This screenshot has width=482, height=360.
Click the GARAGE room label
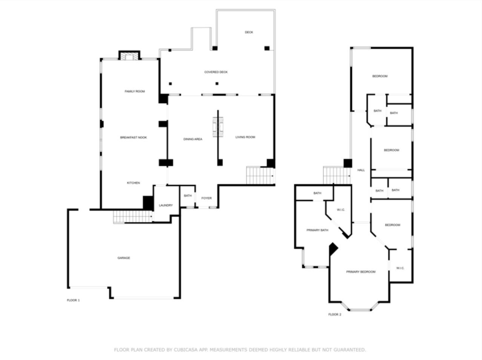click(124, 258)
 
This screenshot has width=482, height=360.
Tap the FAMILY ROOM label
click(135, 92)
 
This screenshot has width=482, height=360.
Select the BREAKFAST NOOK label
click(134, 138)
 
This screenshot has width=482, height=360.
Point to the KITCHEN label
click(133, 183)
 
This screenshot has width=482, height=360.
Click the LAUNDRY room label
click(166, 205)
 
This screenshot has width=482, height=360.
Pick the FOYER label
click(206, 198)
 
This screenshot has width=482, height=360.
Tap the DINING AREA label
click(193, 139)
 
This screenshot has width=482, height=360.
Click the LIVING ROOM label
click(245, 137)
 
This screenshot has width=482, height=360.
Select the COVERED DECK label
click(216, 72)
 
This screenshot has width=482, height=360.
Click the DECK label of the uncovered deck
click(249, 32)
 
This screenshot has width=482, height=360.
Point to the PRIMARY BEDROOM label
click(361, 272)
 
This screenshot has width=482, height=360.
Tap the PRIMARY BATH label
click(317, 230)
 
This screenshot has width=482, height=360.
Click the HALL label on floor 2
click(361, 170)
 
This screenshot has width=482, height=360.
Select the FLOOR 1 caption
click(73, 300)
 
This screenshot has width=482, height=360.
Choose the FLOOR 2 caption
click(335, 314)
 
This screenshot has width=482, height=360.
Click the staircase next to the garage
click(132, 217)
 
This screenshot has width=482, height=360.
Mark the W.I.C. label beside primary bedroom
click(400, 268)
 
